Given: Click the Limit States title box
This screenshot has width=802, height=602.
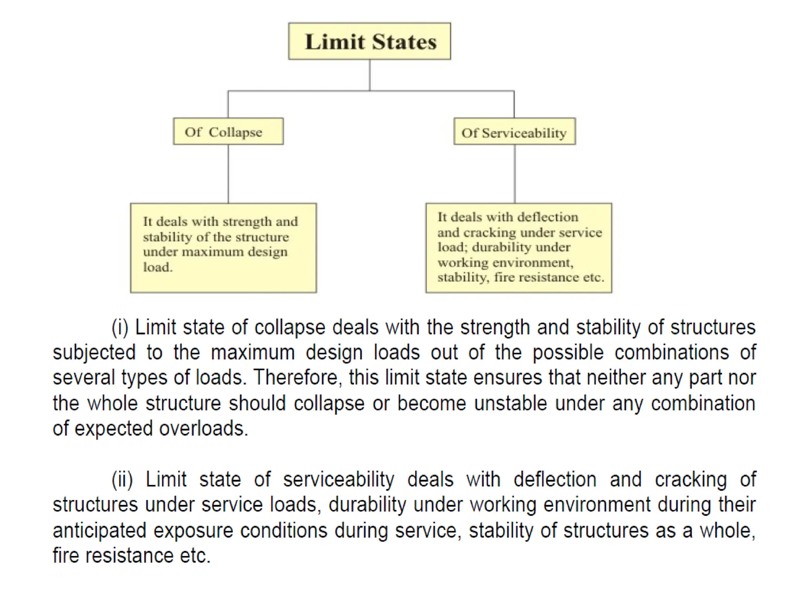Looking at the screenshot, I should coord(369,41).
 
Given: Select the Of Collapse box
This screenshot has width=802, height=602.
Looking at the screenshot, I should coord(228,131).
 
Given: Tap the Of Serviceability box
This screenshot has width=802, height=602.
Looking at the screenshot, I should coord(514,132).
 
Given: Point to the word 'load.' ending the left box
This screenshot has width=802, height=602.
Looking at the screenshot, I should coord(158,267).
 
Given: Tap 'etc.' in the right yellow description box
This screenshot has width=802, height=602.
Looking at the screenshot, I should coord(593,277).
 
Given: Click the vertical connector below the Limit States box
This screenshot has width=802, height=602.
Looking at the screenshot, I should coord(369,75).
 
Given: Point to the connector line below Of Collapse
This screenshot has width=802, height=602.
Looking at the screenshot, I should coord(228,174).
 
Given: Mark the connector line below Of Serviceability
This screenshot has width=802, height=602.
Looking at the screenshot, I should coord(515,174).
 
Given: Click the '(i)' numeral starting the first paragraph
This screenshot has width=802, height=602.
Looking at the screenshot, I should coord(120,327).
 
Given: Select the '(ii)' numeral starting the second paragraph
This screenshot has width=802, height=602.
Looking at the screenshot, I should coord(122,479).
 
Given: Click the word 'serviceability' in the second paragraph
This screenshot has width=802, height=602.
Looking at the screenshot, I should coord(338,479).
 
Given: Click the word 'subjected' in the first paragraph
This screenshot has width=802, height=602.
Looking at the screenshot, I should coord(94,352).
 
